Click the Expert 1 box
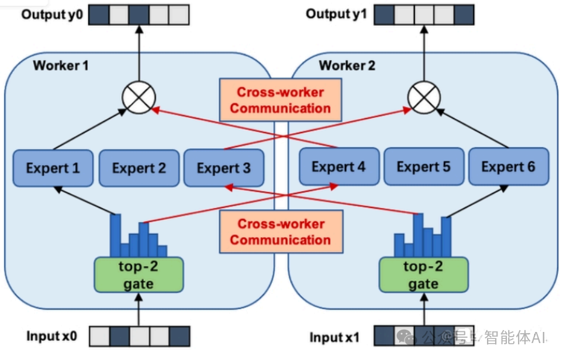point(53,168)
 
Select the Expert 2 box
point(139,168)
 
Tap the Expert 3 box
point(224,168)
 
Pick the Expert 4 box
point(339,167)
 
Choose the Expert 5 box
point(424,167)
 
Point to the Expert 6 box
point(508,167)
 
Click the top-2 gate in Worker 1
point(139,275)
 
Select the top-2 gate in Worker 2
point(423,275)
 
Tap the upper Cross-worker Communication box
point(281,100)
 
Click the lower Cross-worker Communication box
point(281,231)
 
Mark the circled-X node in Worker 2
point(423,98)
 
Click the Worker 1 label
point(61,65)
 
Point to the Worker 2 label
point(347,65)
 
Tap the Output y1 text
point(337,14)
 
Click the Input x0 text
point(51,336)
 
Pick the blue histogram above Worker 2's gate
point(423,237)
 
